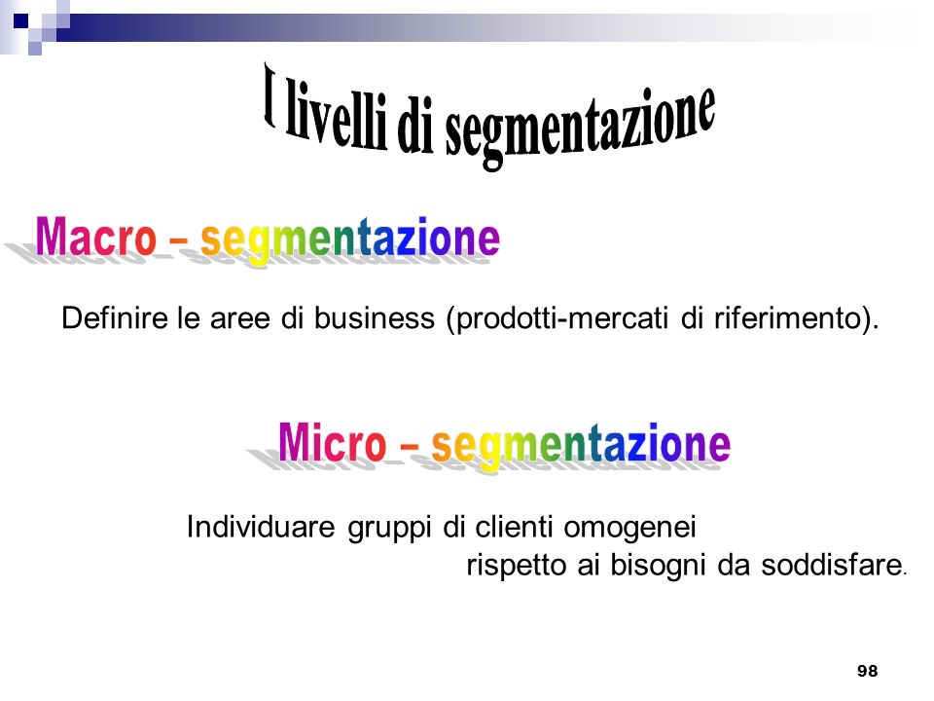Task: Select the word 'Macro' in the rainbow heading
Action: (96, 237)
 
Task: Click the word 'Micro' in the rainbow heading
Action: (333, 442)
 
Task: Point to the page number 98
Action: (867, 671)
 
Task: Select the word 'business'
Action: (374, 317)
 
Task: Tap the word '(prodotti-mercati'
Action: (557, 318)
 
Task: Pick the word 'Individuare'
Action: (261, 527)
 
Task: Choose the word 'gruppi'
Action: (389, 529)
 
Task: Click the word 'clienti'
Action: (514, 527)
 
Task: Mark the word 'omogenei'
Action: (629, 529)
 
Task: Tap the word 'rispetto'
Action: (516, 566)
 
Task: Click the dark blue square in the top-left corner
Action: (20, 22)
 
